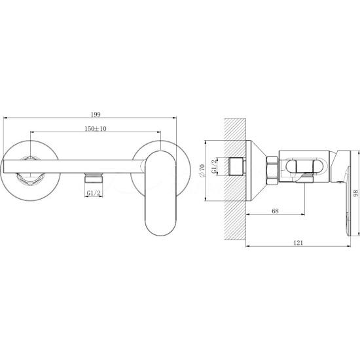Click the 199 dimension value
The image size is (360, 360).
[x=96, y=115]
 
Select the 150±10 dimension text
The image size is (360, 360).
[x=96, y=128]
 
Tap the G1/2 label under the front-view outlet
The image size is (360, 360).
[x=94, y=193]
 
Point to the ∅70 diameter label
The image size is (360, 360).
[x=202, y=171]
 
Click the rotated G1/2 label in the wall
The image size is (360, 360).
[x=214, y=167]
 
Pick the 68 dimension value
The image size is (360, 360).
[x=275, y=211]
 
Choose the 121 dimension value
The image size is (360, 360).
[x=298, y=243]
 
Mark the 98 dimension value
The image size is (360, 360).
[x=355, y=193]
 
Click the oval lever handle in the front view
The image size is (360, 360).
[x=160, y=192]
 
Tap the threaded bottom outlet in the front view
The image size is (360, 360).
[x=94, y=177]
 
